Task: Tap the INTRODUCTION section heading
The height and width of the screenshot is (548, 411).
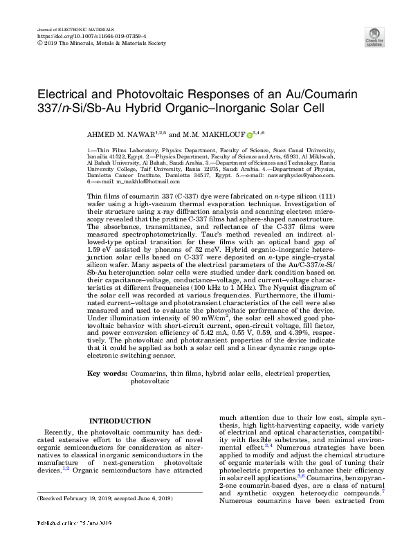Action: [x=120, y=421]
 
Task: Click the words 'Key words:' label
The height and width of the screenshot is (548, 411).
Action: [x=107, y=373]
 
